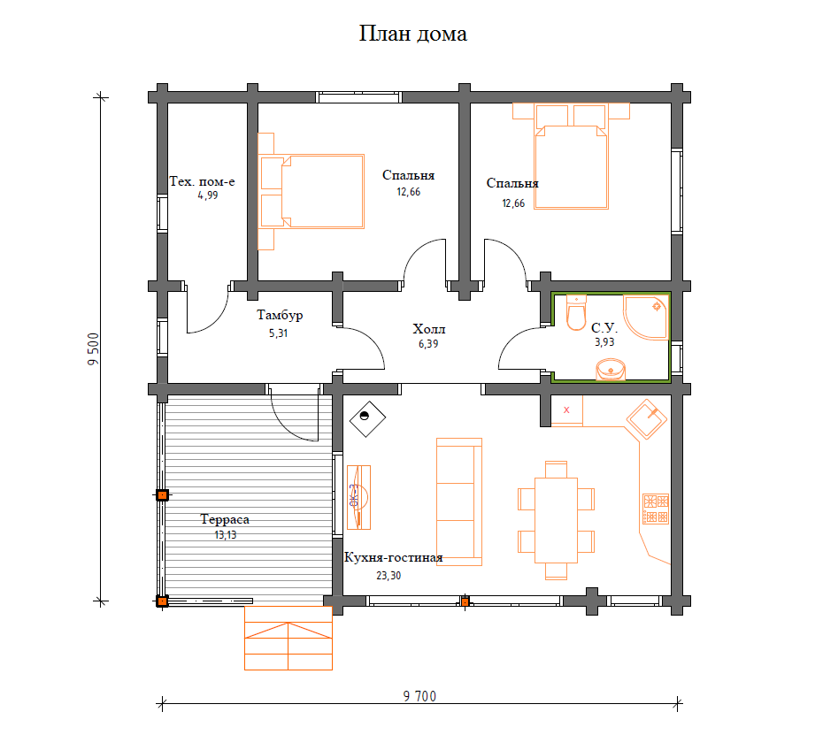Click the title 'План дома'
[x=413, y=34]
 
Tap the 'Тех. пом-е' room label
[x=202, y=181]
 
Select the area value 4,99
[x=208, y=195]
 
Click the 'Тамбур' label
[x=280, y=315]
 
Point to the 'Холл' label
[x=429, y=329]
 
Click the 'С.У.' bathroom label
[x=604, y=328]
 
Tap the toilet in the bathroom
[x=576, y=313]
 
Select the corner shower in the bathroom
[x=646, y=317]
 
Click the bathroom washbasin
[x=611, y=369]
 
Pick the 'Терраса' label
[x=225, y=519]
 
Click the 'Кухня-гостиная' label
[x=393, y=558]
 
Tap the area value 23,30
[x=388, y=576]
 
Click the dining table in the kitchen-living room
[x=556, y=520]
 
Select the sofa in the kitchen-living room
[x=459, y=502]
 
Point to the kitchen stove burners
[x=656, y=509]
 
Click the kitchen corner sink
[x=647, y=418]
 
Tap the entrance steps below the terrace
[x=288, y=638]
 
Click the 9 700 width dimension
[x=419, y=696]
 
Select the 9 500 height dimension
[x=94, y=348]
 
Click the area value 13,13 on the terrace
[x=225, y=535]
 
